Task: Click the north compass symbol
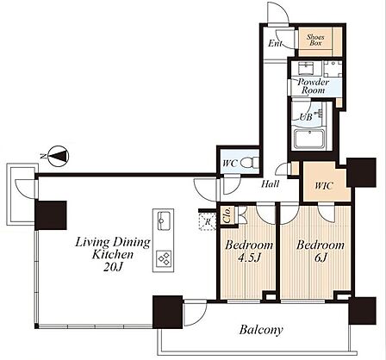tap(59, 156)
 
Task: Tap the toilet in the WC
tap(250, 163)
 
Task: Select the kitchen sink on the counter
tap(163, 220)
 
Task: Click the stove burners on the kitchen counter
tap(164, 259)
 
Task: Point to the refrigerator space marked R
tap(207, 221)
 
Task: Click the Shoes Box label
tap(315, 40)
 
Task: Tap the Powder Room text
tap(313, 86)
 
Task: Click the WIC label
tap(324, 186)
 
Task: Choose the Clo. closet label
tap(227, 215)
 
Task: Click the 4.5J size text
tap(249, 258)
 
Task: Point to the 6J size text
tap(321, 258)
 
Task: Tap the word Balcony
tap(261, 330)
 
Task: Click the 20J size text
tap(113, 267)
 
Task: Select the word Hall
tap(270, 183)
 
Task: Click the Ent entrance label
tap(275, 43)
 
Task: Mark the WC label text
tap(230, 164)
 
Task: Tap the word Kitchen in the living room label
tap(113, 255)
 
